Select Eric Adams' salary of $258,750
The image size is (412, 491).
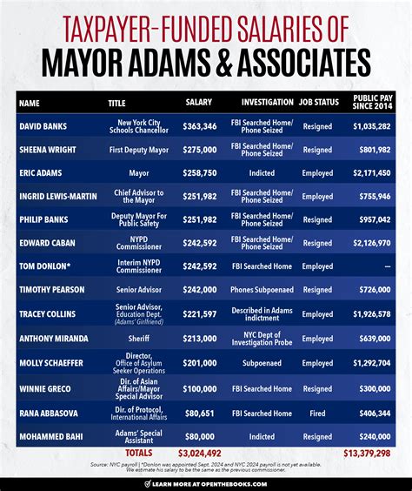click(x=199, y=173)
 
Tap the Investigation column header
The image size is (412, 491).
click(x=267, y=102)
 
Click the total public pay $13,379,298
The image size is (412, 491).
click(x=366, y=453)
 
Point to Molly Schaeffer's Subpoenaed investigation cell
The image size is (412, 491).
click(x=267, y=360)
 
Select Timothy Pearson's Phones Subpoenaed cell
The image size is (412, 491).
click(x=267, y=290)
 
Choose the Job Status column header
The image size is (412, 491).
click(x=318, y=102)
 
